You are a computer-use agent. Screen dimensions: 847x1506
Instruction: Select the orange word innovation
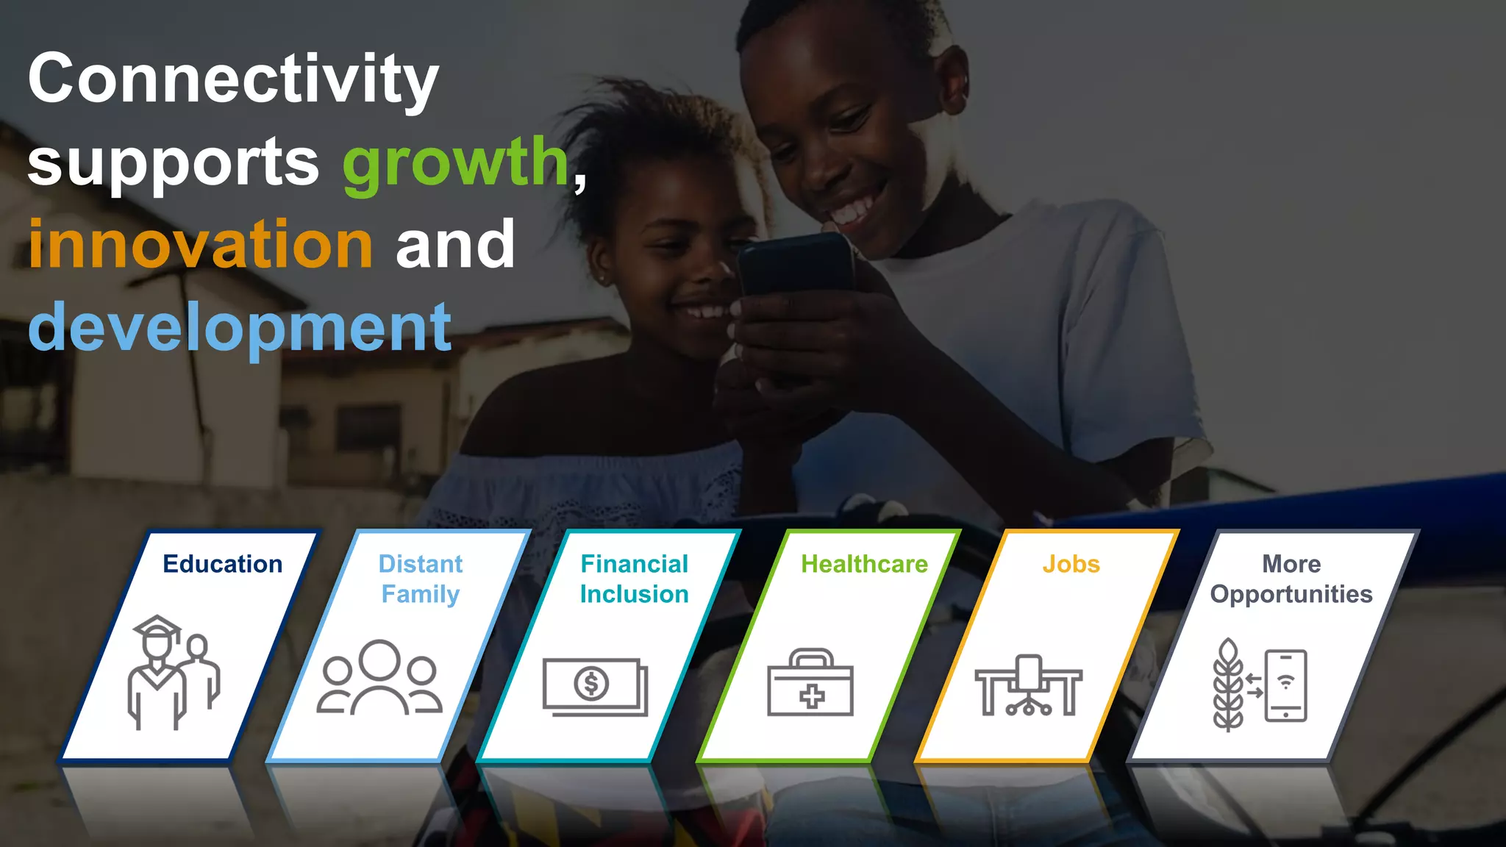tap(201, 244)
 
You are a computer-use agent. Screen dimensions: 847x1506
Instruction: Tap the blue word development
tap(240, 327)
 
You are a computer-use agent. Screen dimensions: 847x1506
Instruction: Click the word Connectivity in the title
tap(233, 79)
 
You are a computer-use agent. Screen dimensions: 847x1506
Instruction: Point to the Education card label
tap(223, 564)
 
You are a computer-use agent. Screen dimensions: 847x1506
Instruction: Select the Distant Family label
tap(421, 579)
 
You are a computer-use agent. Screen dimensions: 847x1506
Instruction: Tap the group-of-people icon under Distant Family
tap(379, 677)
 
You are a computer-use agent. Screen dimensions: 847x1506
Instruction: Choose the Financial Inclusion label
tap(635, 579)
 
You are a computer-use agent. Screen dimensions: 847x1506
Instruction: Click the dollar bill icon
tap(595, 686)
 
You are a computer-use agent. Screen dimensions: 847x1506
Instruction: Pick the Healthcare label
tap(864, 564)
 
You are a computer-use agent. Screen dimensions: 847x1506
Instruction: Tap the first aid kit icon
tap(810, 682)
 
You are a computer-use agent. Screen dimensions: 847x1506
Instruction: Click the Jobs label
tap(1071, 564)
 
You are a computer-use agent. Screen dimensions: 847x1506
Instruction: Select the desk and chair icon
tap(1028, 685)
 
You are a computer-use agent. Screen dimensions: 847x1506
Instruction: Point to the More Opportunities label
tap(1291, 579)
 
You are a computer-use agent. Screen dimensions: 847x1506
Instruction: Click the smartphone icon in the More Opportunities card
tap(1285, 685)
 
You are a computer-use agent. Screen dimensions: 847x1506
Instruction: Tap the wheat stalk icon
tap(1228, 685)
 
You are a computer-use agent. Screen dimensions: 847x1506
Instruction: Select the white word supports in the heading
tap(174, 163)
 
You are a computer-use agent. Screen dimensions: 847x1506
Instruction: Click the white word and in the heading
tap(455, 244)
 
